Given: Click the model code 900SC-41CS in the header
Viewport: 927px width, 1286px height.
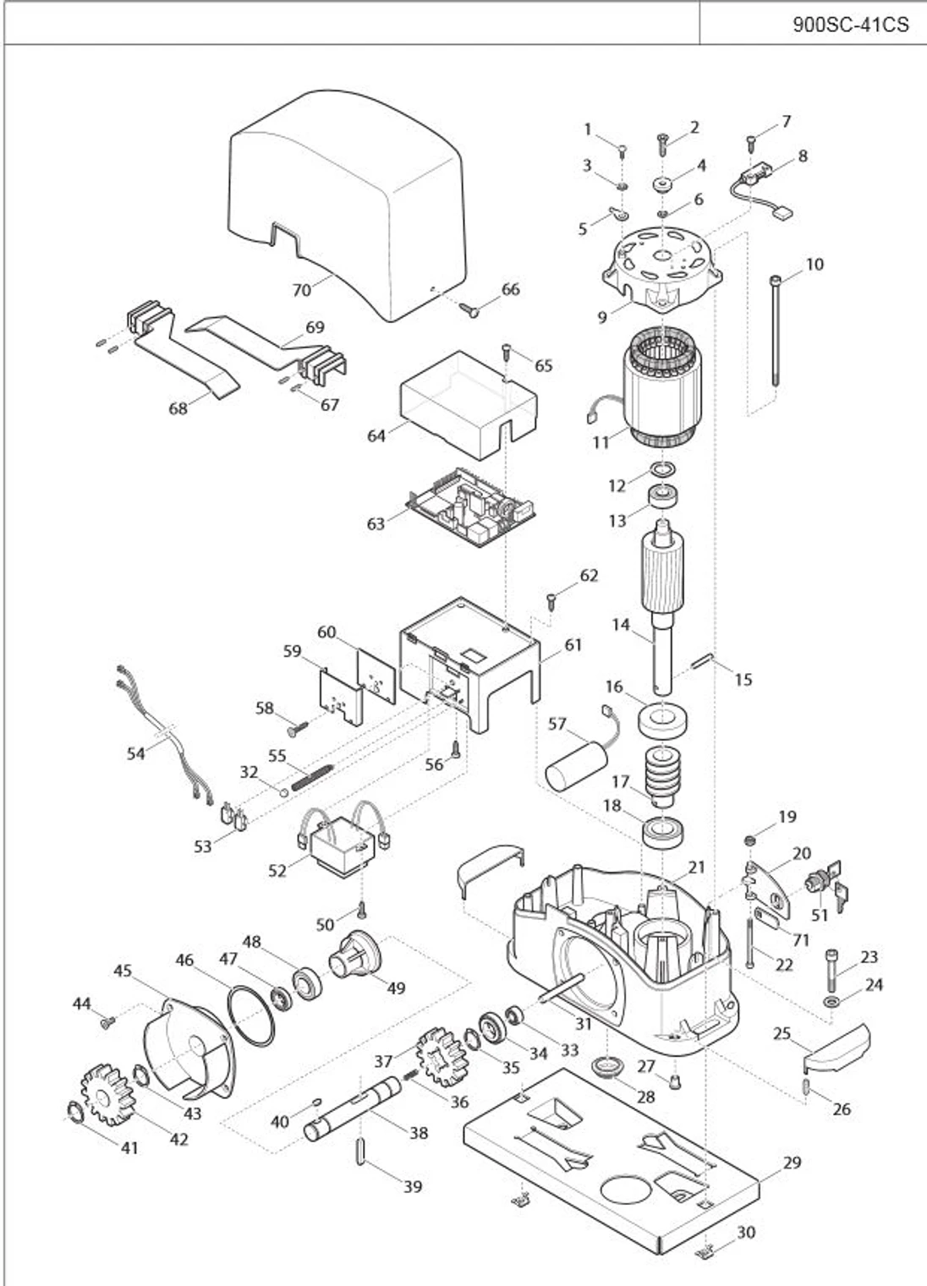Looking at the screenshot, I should tap(850, 25).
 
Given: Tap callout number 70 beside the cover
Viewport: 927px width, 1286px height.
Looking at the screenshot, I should tap(302, 289).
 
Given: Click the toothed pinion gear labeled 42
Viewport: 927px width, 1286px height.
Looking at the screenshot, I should tap(105, 1095).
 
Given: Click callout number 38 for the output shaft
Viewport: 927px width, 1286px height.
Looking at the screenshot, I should tap(418, 1133).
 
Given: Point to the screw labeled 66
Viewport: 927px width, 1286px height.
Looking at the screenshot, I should tap(470, 309).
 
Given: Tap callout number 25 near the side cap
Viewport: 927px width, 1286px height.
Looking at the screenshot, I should tap(782, 1034).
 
